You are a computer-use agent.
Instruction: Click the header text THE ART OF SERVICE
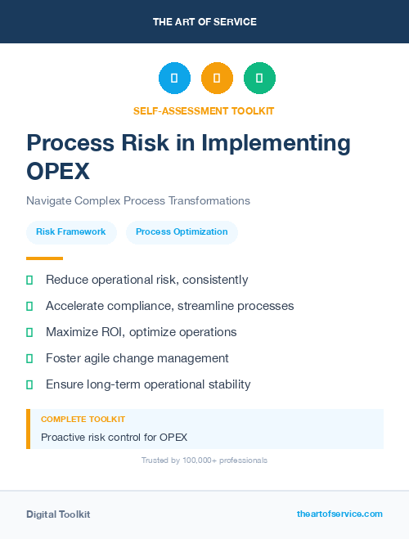click(204, 22)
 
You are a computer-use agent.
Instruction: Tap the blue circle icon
click(174, 79)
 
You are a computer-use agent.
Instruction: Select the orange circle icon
click(217, 79)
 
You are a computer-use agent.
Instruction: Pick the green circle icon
click(259, 79)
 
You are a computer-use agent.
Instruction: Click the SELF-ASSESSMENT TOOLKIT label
click(204, 110)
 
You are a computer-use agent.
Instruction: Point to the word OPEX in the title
click(57, 172)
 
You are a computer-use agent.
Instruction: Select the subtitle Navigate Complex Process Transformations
click(138, 200)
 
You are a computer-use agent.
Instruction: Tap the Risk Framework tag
click(71, 232)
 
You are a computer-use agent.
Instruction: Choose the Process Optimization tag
click(182, 232)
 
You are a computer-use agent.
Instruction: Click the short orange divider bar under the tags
click(39, 258)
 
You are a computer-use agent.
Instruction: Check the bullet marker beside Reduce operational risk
click(29, 280)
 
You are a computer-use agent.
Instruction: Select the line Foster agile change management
click(137, 358)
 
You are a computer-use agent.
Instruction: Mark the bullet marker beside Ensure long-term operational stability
click(29, 384)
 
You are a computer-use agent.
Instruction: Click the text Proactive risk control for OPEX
click(115, 438)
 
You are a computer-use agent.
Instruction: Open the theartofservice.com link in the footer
click(339, 514)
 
